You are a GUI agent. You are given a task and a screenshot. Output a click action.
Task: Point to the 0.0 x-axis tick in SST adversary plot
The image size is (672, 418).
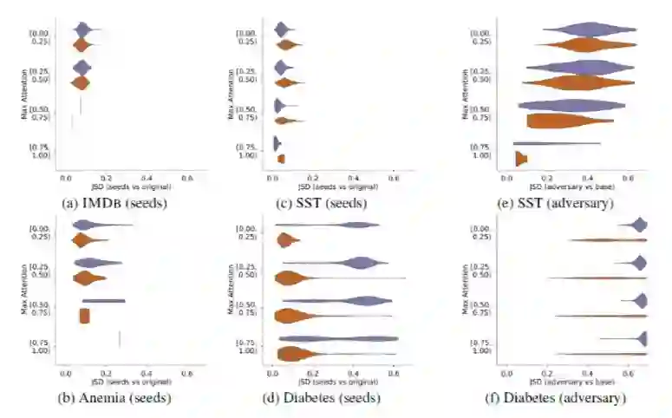[x=507, y=178]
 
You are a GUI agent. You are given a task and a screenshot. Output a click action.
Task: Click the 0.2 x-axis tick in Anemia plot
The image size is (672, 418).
[x=106, y=374]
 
